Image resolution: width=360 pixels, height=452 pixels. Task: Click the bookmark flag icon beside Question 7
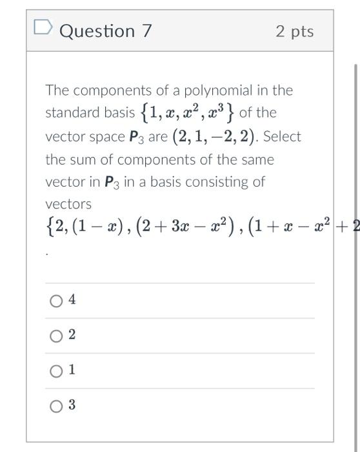click(42, 29)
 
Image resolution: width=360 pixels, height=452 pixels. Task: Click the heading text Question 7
click(106, 31)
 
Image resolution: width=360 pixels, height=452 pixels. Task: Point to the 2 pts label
click(294, 32)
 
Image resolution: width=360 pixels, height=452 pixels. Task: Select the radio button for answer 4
click(56, 301)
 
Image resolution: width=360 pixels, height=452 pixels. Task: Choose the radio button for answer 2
click(56, 336)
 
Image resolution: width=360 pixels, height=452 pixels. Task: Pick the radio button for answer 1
click(56, 371)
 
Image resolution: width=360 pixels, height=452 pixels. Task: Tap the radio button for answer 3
click(56, 406)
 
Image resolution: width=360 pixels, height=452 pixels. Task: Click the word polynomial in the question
click(221, 90)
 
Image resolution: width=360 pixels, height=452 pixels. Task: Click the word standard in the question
click(70, 114)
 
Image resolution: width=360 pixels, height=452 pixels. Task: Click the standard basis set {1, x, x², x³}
click(186, 113)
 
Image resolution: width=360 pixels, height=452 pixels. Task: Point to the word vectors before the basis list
click(68, 205)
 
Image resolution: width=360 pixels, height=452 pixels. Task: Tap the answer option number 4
click(72, 300)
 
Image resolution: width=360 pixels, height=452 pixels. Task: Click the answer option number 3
click(72, 406)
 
